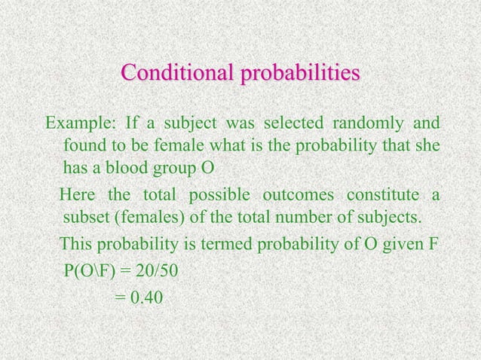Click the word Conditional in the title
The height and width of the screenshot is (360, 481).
tap(178, 75)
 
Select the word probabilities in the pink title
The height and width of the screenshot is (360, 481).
tap(300, 76)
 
